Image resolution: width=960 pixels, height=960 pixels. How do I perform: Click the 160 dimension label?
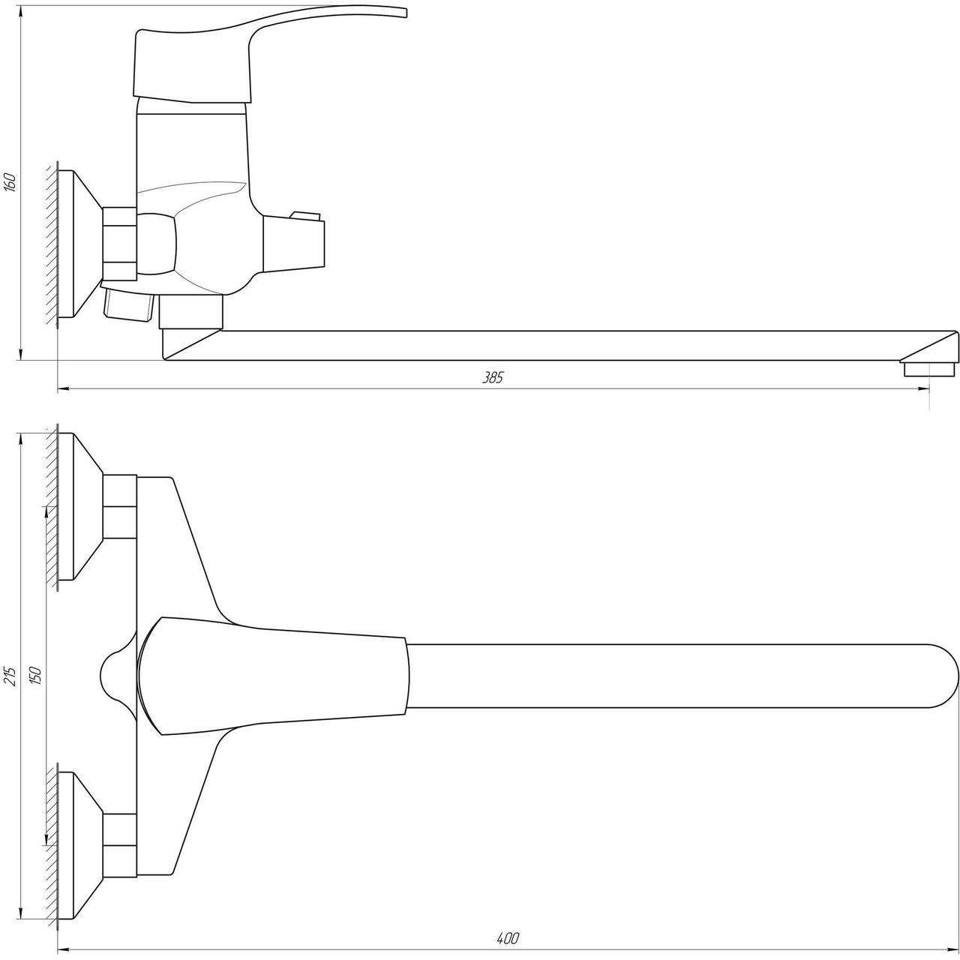pyautogui.click(x=11, y=181)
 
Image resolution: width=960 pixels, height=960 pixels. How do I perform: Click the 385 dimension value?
pyautogui.click(x=493, y=377)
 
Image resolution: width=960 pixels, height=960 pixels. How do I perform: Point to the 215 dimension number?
pyautogui.click(x=11, y=676)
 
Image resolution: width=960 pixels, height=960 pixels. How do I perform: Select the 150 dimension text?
pyautogui.click(x=36, y=676)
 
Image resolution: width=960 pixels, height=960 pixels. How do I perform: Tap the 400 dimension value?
pyautogui.click(x=508, y=938)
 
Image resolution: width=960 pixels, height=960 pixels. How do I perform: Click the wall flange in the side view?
pyautogui.click(x=79, y=244)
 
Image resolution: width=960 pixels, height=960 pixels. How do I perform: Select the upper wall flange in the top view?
pyautogui.click(x=79, y=506)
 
